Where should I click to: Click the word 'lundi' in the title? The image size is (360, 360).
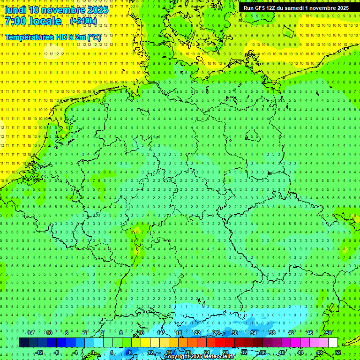pyautogui.click(x=15, y=9)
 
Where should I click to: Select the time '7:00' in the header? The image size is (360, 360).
pyautogui.click(x=15, y=21)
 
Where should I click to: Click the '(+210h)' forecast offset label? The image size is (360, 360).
pyautogui.click(x=83, y=21)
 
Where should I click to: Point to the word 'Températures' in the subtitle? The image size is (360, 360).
pyautogui.click(x=29, y=37)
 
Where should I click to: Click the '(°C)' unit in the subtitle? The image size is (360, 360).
pyautogui.click(x=94, y=37)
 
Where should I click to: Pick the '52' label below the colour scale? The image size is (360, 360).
pyautogui.click(x=338, y=352)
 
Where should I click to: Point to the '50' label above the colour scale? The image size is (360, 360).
pyautogui.click(x=329, y=333)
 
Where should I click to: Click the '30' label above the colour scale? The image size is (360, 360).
pyautogui.click(x=235, y=333)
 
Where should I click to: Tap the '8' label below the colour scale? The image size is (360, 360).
pyautogui.click(x=130, y=352)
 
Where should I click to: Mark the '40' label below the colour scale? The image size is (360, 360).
pyautogui.click(x=281, y=352)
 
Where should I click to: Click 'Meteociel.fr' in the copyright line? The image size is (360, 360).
pyautogui.click(x=219, y=357)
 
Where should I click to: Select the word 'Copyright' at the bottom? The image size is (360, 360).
pyautogui.click(x=177, y=357)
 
